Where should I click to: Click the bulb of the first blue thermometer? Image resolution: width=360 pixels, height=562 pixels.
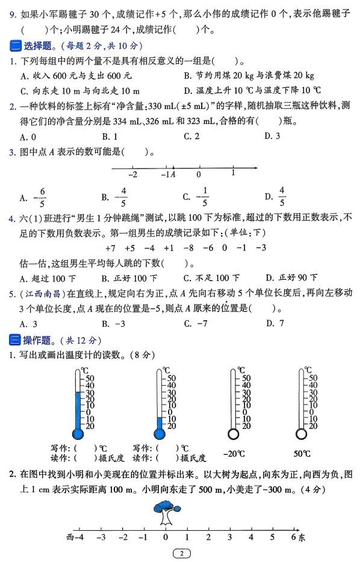pyautogui.click(x=78, y=433)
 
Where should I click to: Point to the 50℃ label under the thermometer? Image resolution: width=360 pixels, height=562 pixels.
pyautogui.click(x=302, y=453)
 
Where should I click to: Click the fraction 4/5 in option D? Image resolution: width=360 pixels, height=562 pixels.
pyautogui.click(x=282, y=197)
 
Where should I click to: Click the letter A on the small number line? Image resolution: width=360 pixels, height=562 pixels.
pyautogui.click(x=173, y=175)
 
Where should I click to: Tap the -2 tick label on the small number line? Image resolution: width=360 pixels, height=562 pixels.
pyautogui.click(x=133, y=175)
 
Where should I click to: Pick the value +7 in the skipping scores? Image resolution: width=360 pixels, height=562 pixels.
pyautogui.click(x=110, y=248)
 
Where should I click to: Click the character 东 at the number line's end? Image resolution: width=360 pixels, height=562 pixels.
pyautogui.click(x=302, y=538)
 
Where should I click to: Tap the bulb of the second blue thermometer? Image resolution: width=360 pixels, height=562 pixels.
pyautogui.click(x=160, y=433)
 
